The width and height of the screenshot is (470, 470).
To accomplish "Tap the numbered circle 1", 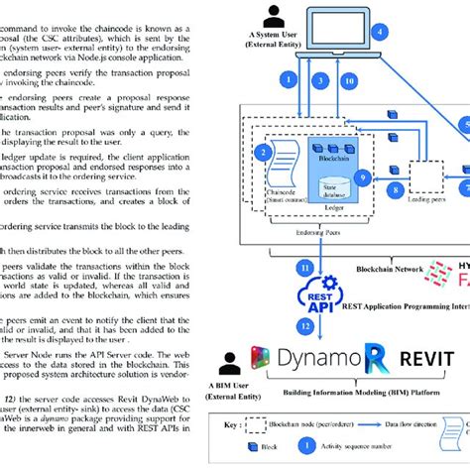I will coord(289,76).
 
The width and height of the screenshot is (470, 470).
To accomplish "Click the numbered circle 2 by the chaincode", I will coord(263,153).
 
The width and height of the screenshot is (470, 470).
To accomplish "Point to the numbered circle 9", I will coord(363,178).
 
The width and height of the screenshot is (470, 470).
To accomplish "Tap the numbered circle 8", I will coord(396,186).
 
